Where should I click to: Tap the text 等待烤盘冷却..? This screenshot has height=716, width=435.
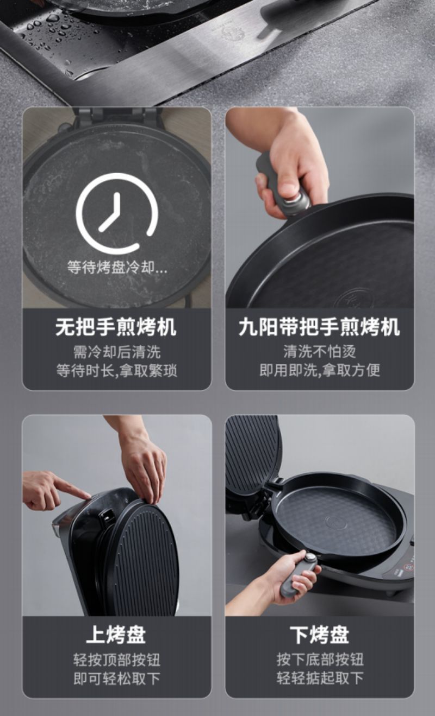(x=111, y=267)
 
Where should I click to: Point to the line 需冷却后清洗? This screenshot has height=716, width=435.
(x=117, y=352)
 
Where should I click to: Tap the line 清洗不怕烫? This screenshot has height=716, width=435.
(x=319, y=351)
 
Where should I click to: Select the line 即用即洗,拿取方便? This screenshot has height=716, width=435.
(x=319, y=370)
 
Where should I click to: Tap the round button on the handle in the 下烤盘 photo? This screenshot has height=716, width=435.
(x=310, y=556)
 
